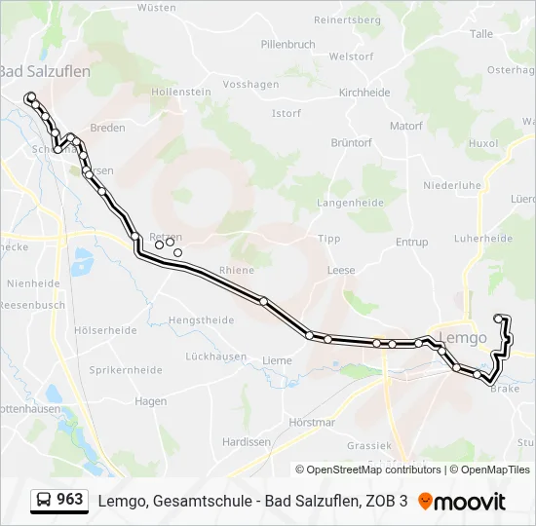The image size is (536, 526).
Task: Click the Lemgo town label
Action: point(463,338)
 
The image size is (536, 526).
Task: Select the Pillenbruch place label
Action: point(288,45)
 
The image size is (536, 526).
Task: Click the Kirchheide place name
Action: point(364,93)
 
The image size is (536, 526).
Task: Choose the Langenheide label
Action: point(350,203)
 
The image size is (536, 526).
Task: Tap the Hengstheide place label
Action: point(202,319)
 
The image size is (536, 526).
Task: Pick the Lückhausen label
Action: point(215,357)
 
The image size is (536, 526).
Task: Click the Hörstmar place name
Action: point(313,422)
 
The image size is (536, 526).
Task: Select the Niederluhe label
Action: point(452,185)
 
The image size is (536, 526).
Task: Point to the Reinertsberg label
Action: point(346,19)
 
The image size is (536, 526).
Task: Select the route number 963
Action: point(69,500)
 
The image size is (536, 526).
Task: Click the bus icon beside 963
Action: point(44,501)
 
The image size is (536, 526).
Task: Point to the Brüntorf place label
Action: point(352,142)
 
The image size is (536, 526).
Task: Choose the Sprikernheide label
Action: point(126,370)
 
